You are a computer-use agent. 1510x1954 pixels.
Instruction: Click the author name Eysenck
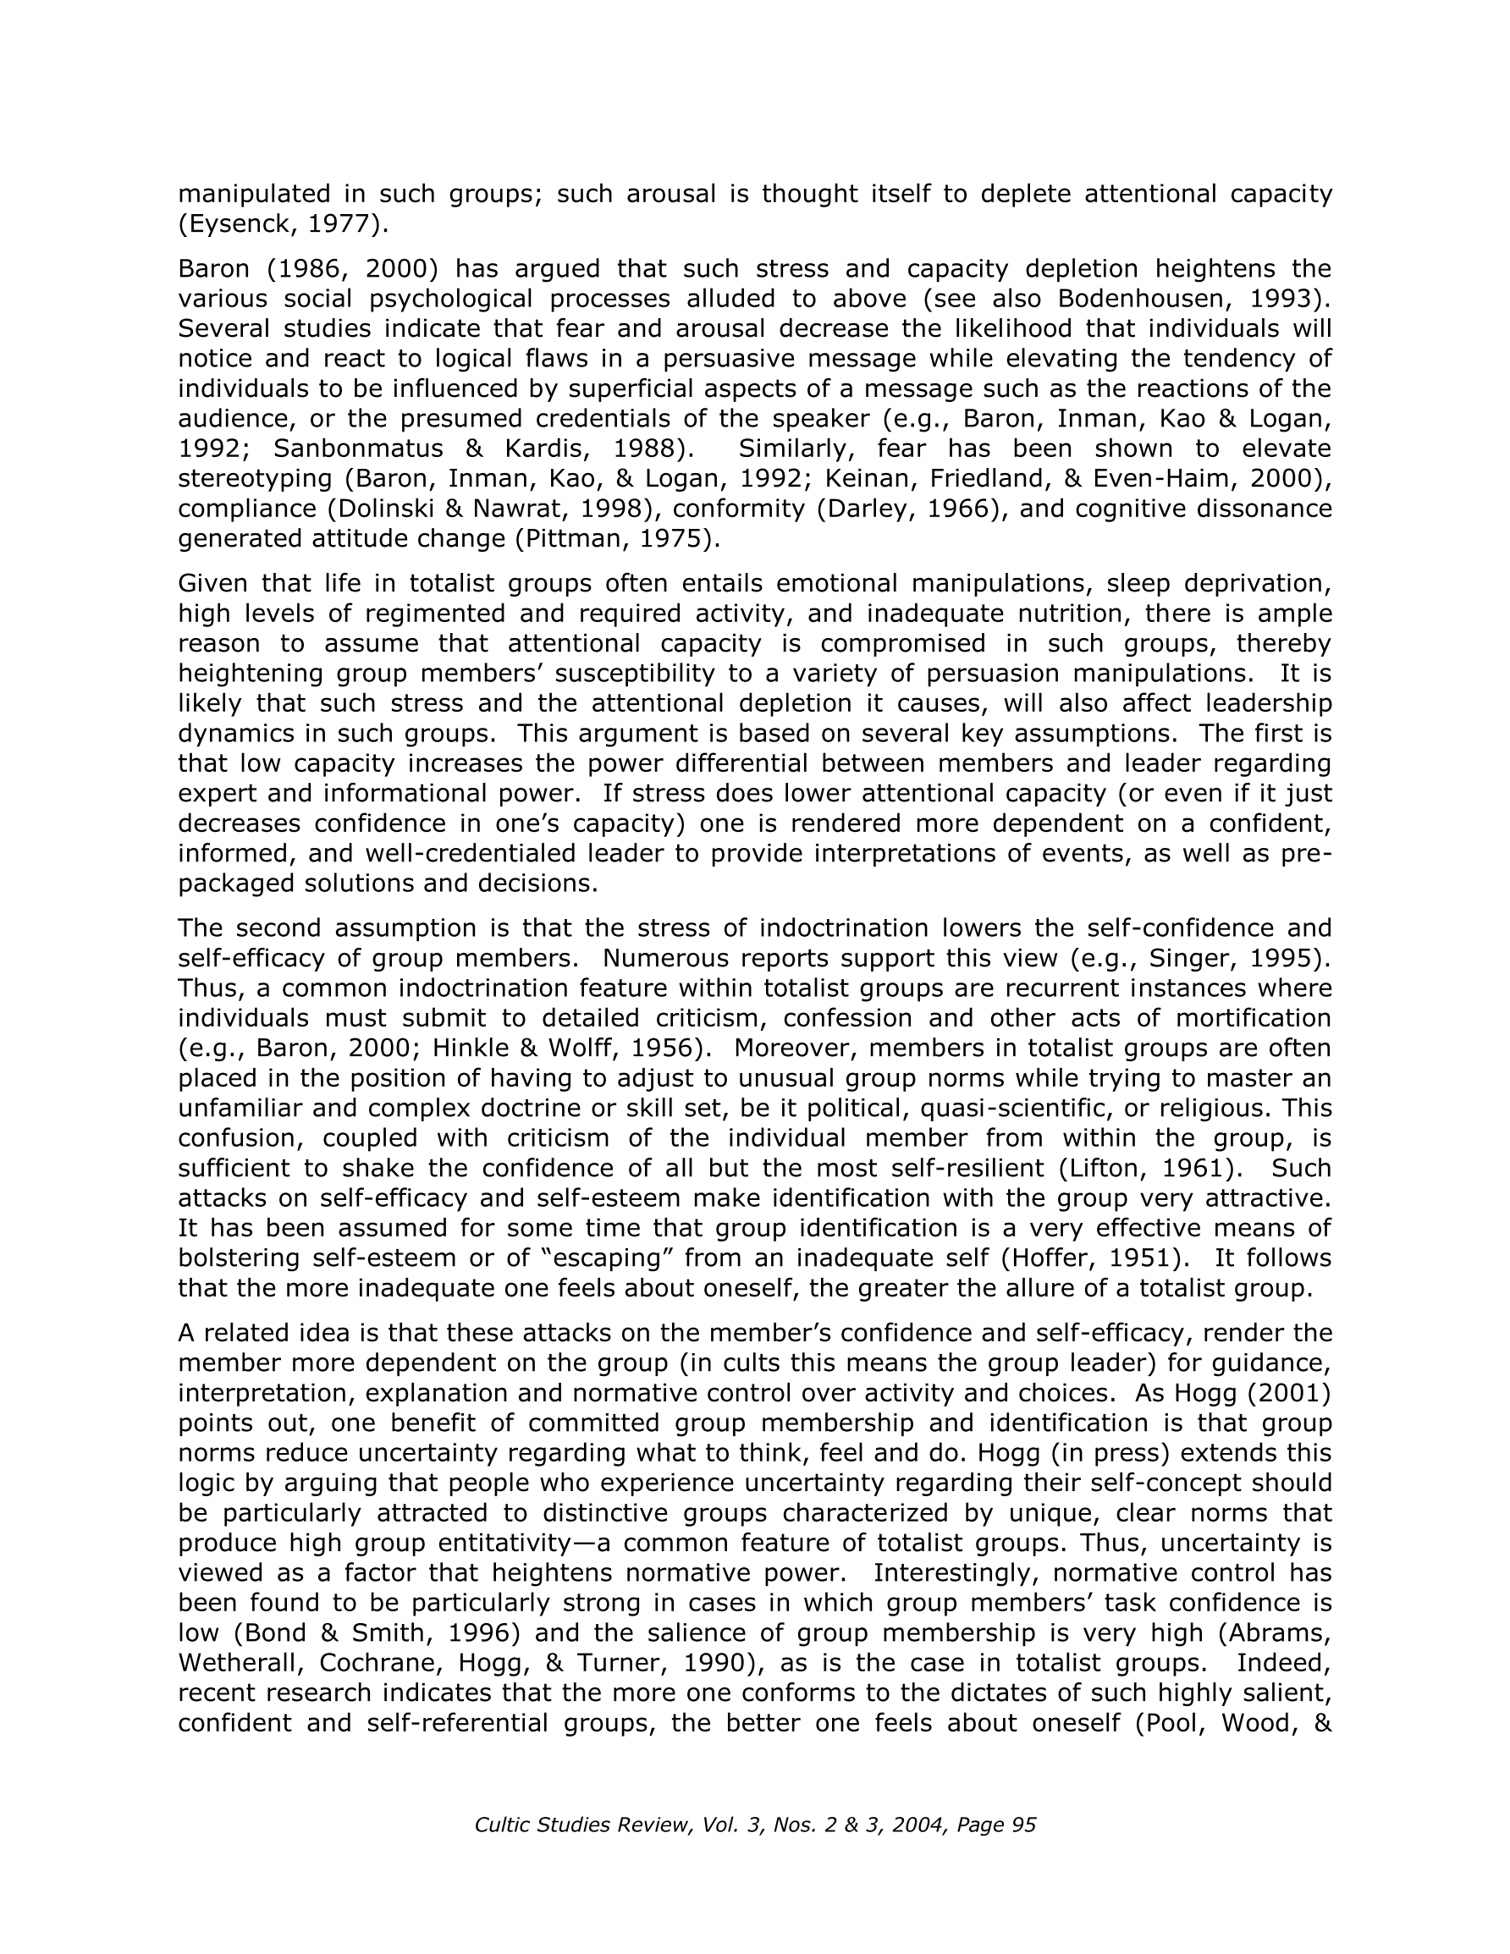tap(237, 223)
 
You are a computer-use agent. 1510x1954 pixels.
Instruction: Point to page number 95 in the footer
tap(1023, 1825)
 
